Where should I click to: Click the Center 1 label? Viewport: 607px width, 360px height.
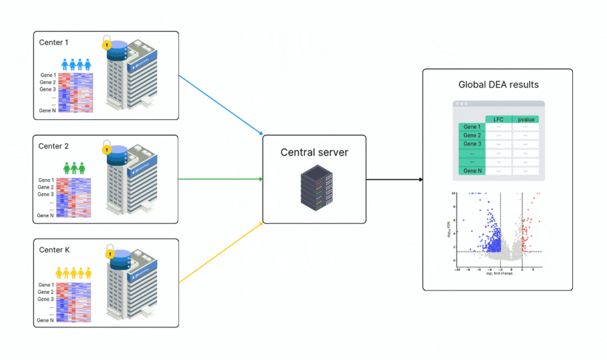pyautogui.click(x=54, y=43)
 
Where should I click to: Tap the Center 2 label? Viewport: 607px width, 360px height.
pyautogui.click(x=53, y=146)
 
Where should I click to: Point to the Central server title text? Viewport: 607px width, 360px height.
pyautogui.click(x=314, y=152)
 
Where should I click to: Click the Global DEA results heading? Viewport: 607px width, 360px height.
pyautogui.click(x=498, y=85)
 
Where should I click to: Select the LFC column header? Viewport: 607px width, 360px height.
pyautogui.click(x=498, y=119)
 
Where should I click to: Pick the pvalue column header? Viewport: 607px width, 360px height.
pyautogui.click(x=526, y=119)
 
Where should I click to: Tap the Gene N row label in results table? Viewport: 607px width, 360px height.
pyautogui.click(x=472, y=171)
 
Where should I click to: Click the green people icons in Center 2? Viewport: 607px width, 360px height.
pyautogui.click(x=74, y=169)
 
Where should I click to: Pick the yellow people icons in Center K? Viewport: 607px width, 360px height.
pyautogui.click(x=73, y=272)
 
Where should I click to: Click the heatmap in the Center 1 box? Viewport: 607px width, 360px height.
pyautogui.click(x=75, y=93)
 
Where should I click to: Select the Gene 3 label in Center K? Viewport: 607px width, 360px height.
pyautogui.click(x=46, y=299)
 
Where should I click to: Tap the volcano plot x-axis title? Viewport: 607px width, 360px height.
pyautogui.click(x=499, y=273)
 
